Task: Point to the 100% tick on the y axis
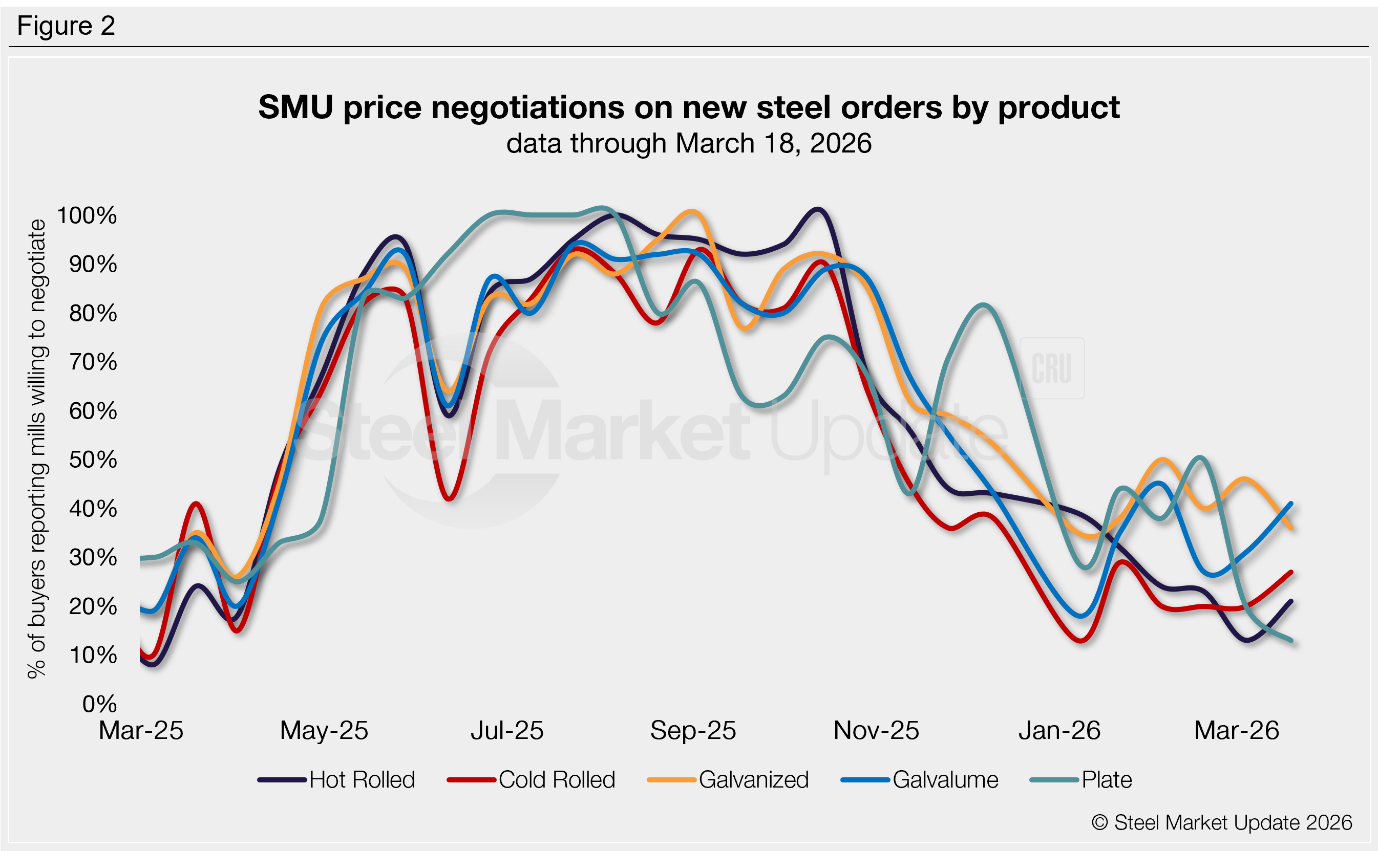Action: point(87,215)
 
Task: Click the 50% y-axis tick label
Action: point(93,460)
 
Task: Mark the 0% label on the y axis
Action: point(99,704)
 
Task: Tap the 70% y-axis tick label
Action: point(93,362)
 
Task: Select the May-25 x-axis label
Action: point(324,731)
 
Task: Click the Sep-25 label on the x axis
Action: point(693,731)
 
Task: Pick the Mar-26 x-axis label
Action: point(1237,731)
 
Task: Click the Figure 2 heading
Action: point(66,26)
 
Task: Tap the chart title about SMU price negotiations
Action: point(689,107)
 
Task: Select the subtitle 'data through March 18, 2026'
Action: point(689,143)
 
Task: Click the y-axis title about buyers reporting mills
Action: point(37,449)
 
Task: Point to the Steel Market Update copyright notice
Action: point(1221,823)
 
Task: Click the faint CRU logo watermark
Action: point(1051,368)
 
